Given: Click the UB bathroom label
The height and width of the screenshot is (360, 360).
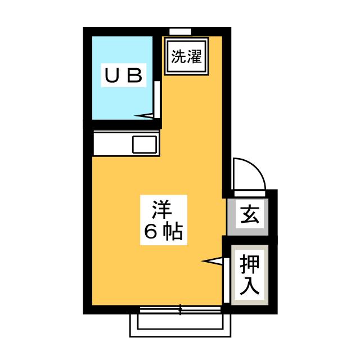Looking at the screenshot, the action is (x=124, y=75).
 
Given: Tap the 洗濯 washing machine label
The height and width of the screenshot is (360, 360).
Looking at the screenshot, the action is (x=186, y=56).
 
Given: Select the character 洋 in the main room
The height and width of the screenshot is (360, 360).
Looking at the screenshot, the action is (x=162, y=209).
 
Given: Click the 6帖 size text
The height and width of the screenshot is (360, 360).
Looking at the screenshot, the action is (x=164, y=231).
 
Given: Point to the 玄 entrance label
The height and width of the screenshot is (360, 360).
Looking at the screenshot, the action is (x=250, y=215).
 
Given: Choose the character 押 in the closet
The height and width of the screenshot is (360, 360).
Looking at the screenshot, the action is (x=250, y=264).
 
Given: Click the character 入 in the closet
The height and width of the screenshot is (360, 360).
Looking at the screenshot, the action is (x=250, y=286).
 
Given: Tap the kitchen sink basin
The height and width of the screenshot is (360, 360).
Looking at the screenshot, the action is (x=145, y=145).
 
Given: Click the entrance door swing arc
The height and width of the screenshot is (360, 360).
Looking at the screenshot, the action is (x=250, y=174).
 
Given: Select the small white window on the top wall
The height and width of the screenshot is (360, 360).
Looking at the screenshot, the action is (x=180, y=31).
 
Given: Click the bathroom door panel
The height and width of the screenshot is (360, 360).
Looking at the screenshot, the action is (x=157, y=100).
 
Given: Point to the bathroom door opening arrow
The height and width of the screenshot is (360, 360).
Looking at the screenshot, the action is (x=144, y=116).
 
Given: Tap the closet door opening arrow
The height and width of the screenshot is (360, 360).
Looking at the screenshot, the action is (x=212, y=261).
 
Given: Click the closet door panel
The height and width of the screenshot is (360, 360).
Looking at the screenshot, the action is (x=227, y=280).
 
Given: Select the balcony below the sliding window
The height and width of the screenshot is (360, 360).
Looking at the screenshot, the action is (x=180, y=326).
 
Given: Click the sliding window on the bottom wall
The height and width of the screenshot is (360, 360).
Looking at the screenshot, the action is (x=180, y=310).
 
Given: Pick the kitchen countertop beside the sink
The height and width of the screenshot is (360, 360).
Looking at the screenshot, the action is (x=113, y=143).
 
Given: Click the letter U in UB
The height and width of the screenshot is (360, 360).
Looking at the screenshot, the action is (x=112, y=75).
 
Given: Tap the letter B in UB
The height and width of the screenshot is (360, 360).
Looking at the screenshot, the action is (x=135, y=75).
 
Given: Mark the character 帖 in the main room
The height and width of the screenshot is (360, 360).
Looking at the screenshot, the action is (x=173, y=231).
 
